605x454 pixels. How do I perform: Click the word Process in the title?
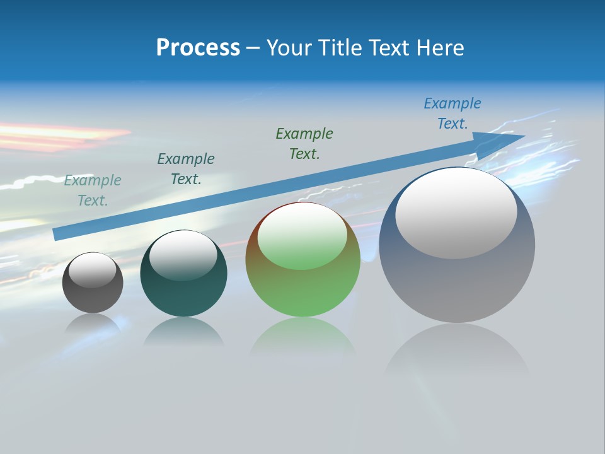pos(198,48)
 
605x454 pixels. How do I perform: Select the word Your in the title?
pos(291,48)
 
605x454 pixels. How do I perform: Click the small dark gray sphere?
pos(93,296)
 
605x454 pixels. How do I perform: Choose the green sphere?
pos(302,290)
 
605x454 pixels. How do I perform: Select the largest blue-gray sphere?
pos(457,284)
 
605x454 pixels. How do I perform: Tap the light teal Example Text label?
pos(93,190)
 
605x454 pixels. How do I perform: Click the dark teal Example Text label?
pos(186,169)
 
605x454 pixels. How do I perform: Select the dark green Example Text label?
pos(304,144)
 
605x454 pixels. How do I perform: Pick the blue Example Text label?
pos(452,113)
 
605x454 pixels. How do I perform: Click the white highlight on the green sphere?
pos(302,235)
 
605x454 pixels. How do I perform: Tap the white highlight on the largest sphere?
pos(456,212)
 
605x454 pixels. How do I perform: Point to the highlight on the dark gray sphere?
pos(93,270)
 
